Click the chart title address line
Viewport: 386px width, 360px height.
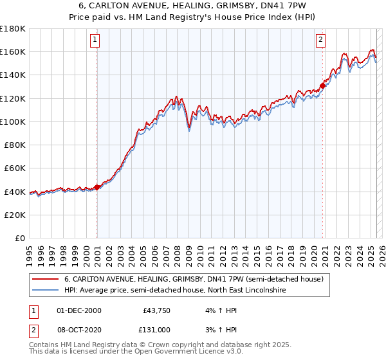tap(193, 5)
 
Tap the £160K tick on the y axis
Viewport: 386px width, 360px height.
tap(13, 51)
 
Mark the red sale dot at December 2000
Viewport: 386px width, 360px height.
tap(96, 187)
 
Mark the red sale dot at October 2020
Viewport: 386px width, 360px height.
tap(322, 85)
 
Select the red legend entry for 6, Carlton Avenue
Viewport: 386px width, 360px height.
tap(198, 279)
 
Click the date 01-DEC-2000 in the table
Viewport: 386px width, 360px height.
tap(79, 310)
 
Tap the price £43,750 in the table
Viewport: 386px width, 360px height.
tap(156, 310)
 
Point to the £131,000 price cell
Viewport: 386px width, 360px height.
tap(155, 329)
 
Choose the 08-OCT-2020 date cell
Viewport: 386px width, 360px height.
tap(79, 329)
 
